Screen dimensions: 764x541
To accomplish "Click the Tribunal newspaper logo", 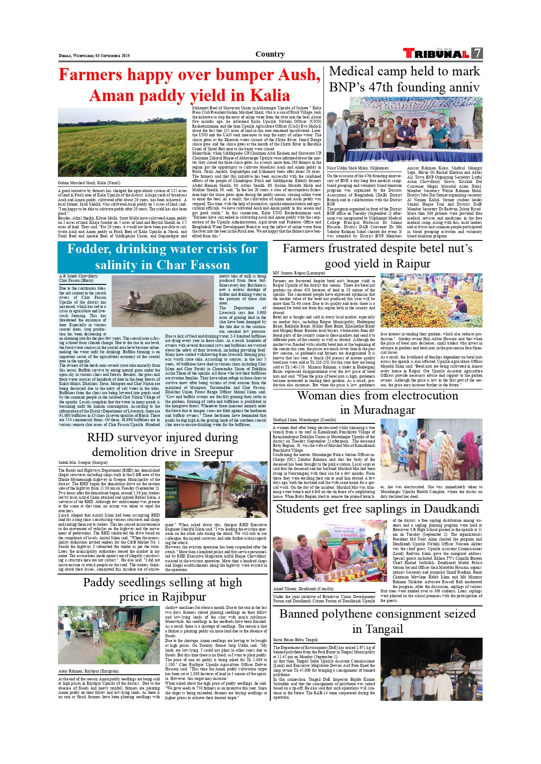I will (x=436, y=54).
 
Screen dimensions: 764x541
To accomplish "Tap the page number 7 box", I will (x=477, y=53).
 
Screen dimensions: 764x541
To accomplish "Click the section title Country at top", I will (x=270, y=54).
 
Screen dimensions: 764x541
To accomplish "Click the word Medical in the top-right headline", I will (x=352, y=71).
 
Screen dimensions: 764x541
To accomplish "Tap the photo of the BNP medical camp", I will (x=404, y=129).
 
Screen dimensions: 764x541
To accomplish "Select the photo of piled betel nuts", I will (x=431, y=300).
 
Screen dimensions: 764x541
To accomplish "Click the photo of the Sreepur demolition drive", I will (x=216, y=490).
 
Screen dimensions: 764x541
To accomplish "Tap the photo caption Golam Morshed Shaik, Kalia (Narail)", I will (x=89, y=183).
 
